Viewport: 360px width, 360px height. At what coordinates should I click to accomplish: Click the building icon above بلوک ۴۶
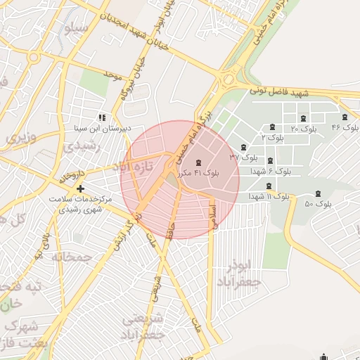point(345,117)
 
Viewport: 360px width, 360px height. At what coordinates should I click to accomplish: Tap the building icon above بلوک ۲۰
point(303,118)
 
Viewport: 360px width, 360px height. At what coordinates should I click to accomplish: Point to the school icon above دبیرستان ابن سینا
point(101,118)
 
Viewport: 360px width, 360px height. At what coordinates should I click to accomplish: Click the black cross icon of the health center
point(81,188)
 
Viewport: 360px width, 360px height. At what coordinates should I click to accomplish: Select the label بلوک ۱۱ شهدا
point(269,196)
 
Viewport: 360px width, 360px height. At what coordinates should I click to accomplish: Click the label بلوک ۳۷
point(243,157)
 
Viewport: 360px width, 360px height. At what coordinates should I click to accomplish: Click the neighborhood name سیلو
point(75,30)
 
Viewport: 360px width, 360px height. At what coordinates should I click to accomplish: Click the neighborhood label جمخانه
point(72,257)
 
